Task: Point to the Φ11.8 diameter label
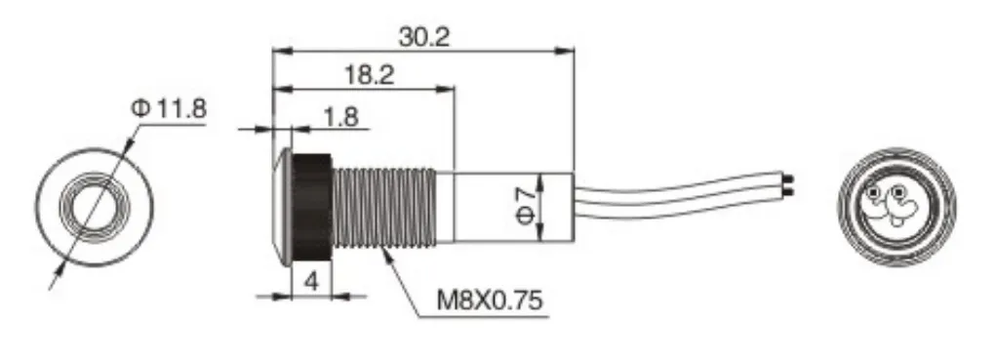[x=167, y=108]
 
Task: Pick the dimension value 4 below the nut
[x=311, y=281]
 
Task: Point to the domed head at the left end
[x=282, y=206]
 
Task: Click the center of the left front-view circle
[x=94, y=207]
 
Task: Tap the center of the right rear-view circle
[x=895, y=207]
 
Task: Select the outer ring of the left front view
[x=47, y=207]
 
